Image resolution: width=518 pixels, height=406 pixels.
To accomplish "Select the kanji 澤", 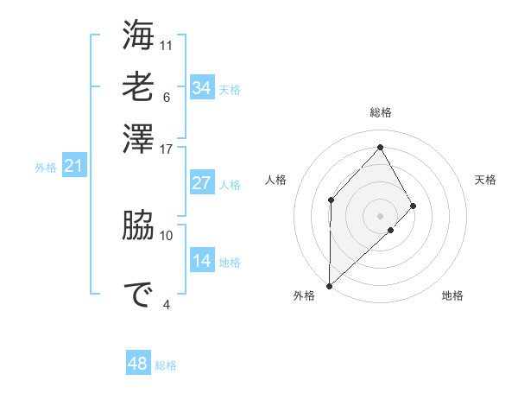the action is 138,139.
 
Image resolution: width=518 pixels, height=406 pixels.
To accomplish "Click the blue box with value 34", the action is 202,88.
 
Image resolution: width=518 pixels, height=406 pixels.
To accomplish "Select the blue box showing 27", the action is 202,183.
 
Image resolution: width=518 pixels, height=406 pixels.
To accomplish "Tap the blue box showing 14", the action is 202,261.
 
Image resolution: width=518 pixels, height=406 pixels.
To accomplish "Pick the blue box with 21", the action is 73,166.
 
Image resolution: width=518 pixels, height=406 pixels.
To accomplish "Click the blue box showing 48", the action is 138,364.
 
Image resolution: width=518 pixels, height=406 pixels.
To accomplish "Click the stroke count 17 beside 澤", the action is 167,148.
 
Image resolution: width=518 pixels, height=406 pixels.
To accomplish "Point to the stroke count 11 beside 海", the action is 167,44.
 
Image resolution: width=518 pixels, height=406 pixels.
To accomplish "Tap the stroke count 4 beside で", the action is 167,303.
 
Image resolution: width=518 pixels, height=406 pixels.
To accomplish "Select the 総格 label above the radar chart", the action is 381,112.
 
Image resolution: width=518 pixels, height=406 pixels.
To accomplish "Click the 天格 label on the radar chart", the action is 485,180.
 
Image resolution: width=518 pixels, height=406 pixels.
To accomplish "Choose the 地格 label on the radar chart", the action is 452,295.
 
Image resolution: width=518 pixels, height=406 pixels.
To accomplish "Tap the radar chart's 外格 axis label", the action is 304,295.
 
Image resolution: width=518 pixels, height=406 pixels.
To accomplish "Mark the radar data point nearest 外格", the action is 329,285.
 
